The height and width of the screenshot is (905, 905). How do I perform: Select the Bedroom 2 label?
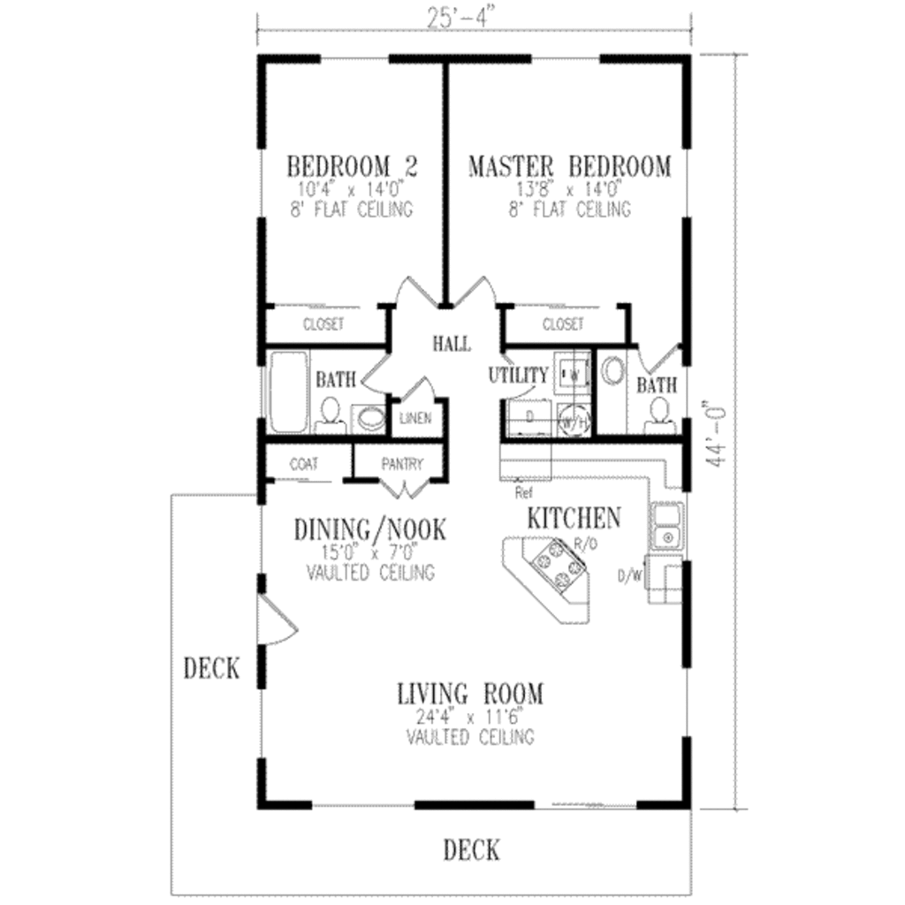tap(353, 166)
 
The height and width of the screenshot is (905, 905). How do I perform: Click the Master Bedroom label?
tap(569, 166)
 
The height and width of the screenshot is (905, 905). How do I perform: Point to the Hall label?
tap(451, 343)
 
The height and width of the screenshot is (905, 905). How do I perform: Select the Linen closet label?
tap(414, 418)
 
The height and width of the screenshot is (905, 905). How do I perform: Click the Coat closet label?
tap(303, 463)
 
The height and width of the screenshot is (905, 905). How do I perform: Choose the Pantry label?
tap(402, 463)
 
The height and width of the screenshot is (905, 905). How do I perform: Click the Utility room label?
tap(519, 376)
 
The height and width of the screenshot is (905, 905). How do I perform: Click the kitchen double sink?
tap(666, 525)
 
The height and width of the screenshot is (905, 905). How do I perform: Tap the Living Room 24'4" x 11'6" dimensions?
tap(469, 717)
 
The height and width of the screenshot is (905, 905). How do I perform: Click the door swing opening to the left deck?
tap(277, 621)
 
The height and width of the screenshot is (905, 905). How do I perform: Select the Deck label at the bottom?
tap(471, 850)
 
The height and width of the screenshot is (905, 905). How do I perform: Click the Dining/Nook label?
tap(369, 530)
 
